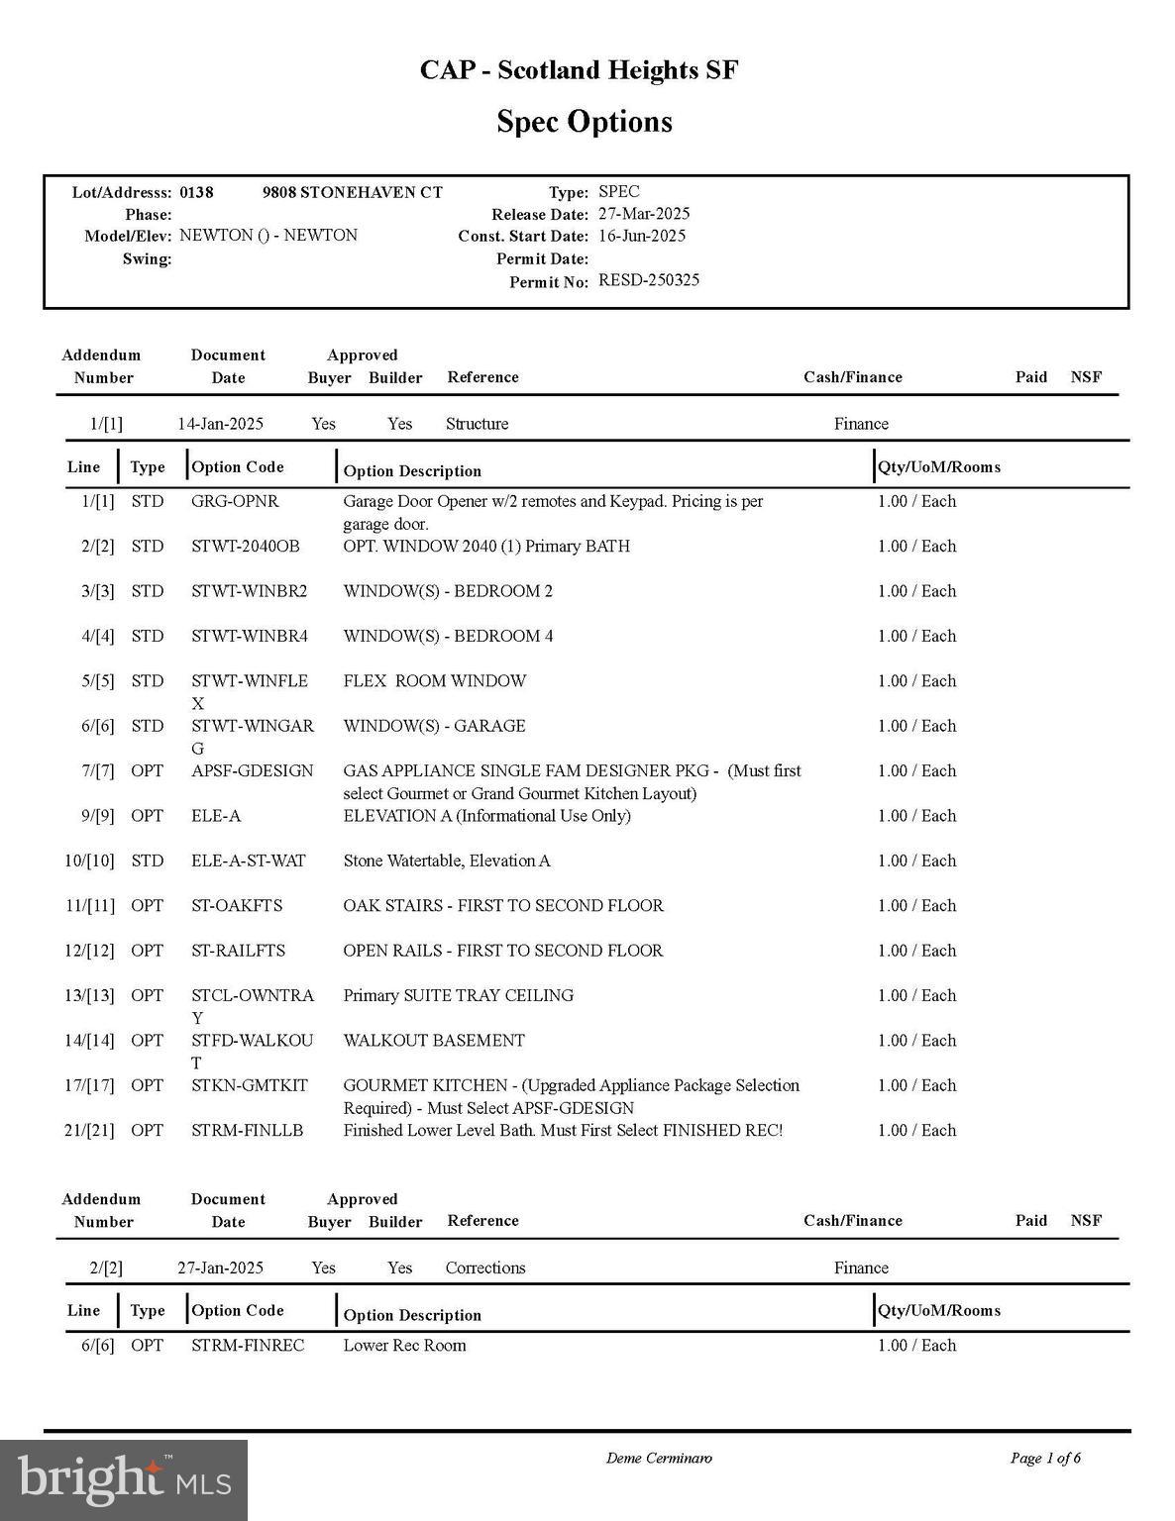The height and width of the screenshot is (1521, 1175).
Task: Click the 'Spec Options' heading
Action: (x=585, y=122)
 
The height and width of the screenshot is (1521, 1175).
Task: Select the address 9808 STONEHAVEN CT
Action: (x=352, y=192)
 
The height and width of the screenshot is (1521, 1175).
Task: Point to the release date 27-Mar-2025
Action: (x=644, y=214)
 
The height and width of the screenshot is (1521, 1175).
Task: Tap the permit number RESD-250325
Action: (x=649, y=280)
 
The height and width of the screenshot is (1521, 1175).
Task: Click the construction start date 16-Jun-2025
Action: (x=642, y=236)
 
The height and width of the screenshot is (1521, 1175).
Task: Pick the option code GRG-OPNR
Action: (x=235, y=501)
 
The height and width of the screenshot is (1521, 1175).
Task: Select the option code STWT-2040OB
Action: (x=245, y=546)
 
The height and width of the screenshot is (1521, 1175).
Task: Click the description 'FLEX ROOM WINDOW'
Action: (x=435, y=681)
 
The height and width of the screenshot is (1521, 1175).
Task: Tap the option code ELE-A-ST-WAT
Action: (x=248, y=861)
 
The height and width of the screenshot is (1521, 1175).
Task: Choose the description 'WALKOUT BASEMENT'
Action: (x=434, y=1040)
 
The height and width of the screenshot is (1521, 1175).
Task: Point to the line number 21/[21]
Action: (x=89, y=1130)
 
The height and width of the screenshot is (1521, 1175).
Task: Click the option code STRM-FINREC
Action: (x=248, y=1345)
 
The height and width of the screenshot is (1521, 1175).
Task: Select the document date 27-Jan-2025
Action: (x=220, y=1267)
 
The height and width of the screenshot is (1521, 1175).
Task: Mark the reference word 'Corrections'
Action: (x=485, y=1267)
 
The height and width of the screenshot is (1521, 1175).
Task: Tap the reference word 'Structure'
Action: (x=477, y=424)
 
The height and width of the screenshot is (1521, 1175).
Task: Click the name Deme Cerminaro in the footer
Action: (x=659, y=1458)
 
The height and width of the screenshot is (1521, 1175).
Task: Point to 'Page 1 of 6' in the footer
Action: (x=1045, y=1458)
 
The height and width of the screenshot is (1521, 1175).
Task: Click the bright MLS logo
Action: (x=124, y=1480)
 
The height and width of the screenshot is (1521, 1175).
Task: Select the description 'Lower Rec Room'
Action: (x=404, y=1345)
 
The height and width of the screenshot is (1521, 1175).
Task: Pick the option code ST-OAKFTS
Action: (x=237, y=905)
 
